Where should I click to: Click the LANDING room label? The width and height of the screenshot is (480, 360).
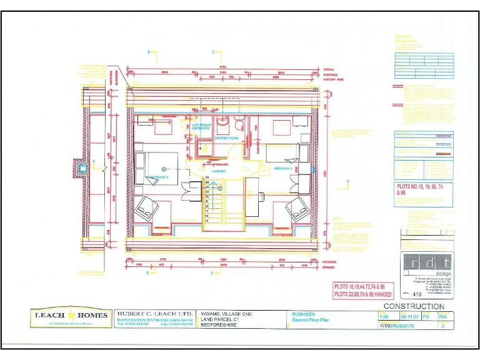(219, 171)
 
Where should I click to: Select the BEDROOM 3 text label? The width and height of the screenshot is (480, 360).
(159, 177)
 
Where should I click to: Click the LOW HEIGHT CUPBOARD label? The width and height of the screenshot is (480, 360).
(201, 127)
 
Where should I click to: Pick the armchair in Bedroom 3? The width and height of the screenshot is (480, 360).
(146, 207)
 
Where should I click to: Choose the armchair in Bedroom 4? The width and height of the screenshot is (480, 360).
(298, 209)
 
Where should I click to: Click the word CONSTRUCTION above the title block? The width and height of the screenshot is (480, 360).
(414, 306)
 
